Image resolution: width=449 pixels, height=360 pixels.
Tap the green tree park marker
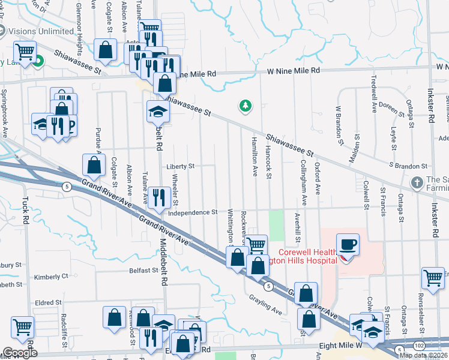pyautogui.click(x=245, y=106)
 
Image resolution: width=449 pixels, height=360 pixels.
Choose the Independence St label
pyautogui.click(x=192, y=212)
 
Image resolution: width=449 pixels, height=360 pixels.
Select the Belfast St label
pyautogui.click(x=143, y=271)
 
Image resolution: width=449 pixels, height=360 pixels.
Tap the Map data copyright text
pyautogui.click(x=424, y=355)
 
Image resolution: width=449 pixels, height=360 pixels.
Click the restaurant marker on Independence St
pyautogui.click(x=158, y=197)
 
